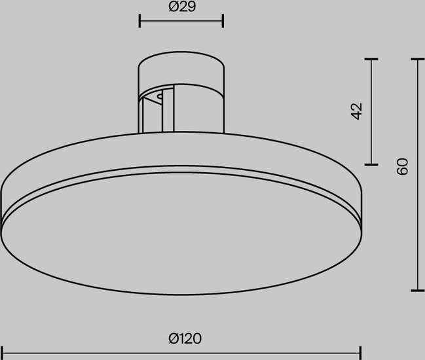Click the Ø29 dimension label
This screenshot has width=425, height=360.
tap(182, 7)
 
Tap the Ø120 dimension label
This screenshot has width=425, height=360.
tap(185, 338)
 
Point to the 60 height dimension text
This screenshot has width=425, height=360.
tap(402, 166)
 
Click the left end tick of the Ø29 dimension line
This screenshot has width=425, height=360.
tap(139, 21)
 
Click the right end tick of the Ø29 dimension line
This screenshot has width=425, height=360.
tap(223, 21)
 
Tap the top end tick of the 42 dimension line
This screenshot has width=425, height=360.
tap(371, 59)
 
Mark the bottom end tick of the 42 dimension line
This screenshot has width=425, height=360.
tap(371, 164)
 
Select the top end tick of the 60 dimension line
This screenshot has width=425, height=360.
tap(418, 59)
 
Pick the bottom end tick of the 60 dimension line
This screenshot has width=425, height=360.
tap(418, 291)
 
